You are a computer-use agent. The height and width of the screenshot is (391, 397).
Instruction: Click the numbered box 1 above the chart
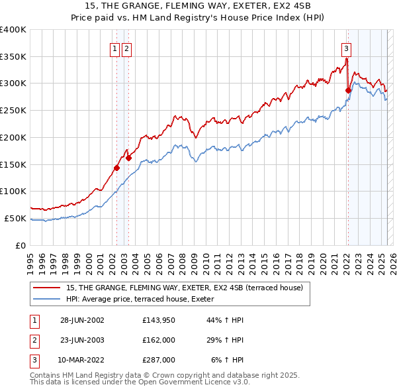point(114,48)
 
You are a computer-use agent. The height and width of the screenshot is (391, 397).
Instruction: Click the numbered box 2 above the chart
point(126,48)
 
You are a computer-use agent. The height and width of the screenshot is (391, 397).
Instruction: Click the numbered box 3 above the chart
point(346,48)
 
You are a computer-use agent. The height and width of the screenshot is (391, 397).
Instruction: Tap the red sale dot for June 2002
point(116,168)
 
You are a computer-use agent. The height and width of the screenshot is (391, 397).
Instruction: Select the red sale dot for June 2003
point(128,158)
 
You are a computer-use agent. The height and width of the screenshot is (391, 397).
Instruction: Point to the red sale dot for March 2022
point(348,90)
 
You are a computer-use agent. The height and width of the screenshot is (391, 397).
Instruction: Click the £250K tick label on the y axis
point(13,110)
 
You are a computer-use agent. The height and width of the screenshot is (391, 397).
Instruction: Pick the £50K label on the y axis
point(16,218)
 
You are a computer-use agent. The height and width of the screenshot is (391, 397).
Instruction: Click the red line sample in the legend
point(47,288)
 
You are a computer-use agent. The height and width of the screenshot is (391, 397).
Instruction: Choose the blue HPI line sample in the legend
point(47,299)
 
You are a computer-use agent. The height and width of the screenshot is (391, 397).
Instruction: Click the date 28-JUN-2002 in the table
point(82,320)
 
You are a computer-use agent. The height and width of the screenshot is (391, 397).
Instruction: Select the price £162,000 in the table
point(159,340)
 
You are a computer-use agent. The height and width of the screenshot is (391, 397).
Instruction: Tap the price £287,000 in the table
point(159,360)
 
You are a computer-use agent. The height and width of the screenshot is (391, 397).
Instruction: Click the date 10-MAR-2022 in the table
point(82,360)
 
